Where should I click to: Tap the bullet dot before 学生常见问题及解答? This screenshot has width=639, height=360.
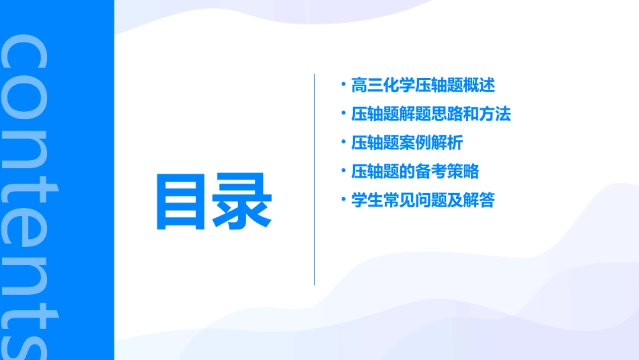(x=344, y=199)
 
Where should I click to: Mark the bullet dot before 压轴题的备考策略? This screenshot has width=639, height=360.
(x=344, y=170)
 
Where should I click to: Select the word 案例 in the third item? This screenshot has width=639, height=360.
(x=415, y=143)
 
